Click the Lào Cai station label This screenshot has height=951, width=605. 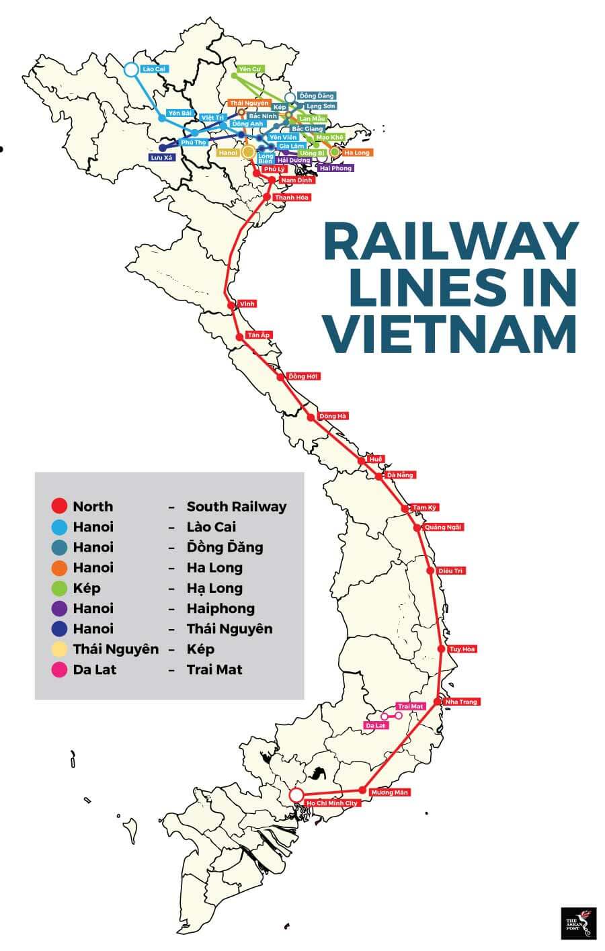click(155, 69)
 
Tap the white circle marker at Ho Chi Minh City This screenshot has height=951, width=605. click(296, 795)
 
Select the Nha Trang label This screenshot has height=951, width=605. click(460, 702)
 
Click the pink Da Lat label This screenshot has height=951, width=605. click(376, 726)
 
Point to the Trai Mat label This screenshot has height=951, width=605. click(410, 706)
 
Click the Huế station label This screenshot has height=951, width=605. click(376, 459)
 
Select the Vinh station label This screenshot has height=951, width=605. click(247, 304)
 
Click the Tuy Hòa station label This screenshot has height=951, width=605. click(462, 649)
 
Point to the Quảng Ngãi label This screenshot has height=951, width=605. click(444, 527)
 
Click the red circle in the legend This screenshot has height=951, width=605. click(59, 507)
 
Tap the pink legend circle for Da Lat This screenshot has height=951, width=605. click(59, 669)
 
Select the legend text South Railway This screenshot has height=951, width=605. click(236, 507)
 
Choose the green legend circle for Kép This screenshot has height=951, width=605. click(59, 588)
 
